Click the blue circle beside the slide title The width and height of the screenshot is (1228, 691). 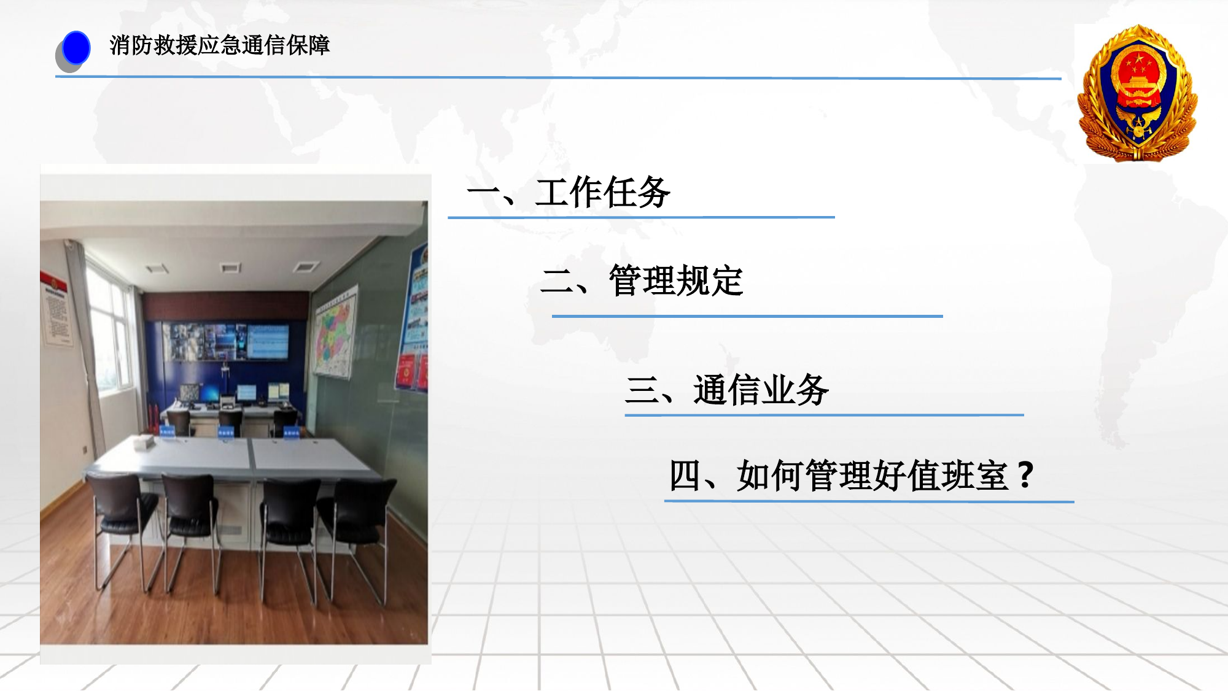point(76,48)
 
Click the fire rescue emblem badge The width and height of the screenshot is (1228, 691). point(1138,93)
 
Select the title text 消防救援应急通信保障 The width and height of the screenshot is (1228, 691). point(219,45)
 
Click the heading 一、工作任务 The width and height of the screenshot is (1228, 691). point(569,193)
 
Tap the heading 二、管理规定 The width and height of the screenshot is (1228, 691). point(642,281)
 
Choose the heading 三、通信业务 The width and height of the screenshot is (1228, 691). point(726,390)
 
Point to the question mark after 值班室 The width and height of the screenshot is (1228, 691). point(1024,475)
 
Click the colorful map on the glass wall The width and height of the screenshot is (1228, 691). point(334,331)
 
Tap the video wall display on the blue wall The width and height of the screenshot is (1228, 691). point(225,341)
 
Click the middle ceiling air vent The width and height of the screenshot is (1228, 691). point(230,267)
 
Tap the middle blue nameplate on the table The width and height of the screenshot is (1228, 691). point(226,432)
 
